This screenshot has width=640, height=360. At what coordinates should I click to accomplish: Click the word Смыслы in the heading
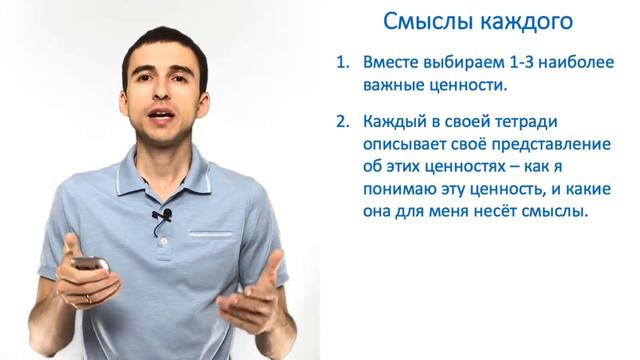(421, 21)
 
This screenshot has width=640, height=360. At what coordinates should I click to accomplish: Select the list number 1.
(343, 63)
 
